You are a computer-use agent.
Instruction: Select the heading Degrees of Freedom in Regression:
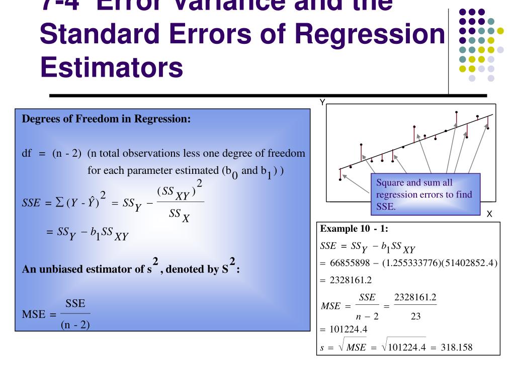(x=106, y=119)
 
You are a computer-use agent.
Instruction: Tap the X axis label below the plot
(x=489, y=214)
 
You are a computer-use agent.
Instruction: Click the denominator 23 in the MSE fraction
(x=415, y=316)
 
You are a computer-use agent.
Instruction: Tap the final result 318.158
(x=456, y=348)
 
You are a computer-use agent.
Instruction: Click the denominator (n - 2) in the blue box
(x=75, y=325)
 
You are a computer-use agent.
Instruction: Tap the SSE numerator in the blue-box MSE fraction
(x=75, y=304)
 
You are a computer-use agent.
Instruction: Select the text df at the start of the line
(x=27, y=153)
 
